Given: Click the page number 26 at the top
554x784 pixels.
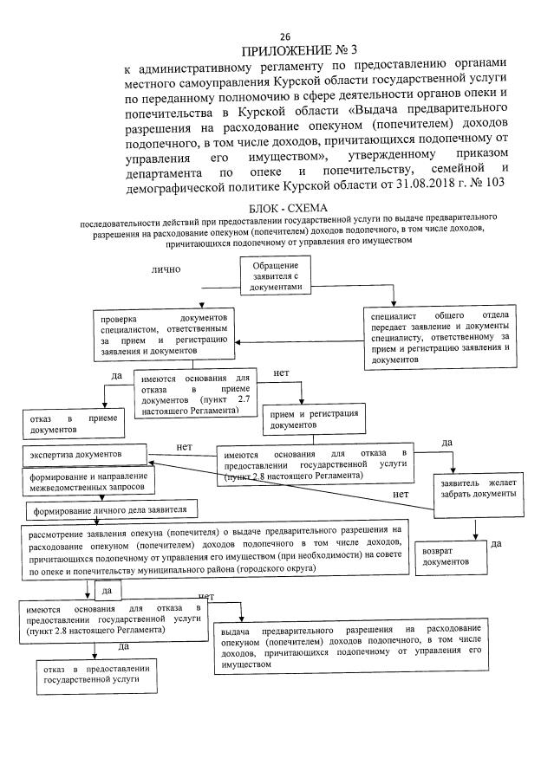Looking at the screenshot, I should tap(285, 36).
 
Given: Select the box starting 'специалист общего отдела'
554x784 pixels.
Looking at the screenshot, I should tap(440, 336).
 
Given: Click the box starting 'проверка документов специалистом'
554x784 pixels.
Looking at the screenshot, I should tap(162, 334).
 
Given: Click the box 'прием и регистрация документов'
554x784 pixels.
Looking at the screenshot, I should tap(301, 420).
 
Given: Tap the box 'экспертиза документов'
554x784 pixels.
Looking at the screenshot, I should tap(84, 454).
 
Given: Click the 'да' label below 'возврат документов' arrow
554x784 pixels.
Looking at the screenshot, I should tap(497, 544).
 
